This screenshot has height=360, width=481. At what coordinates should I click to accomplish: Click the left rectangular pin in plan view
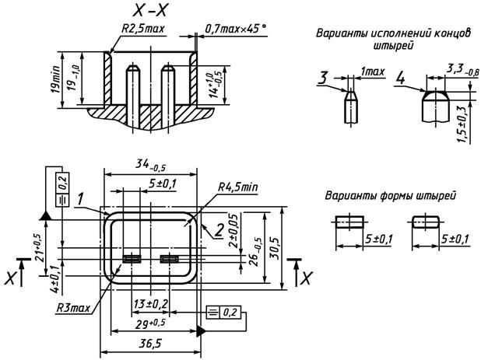[x=132, y=259]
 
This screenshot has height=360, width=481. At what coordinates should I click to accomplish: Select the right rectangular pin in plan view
[x=168, y=259]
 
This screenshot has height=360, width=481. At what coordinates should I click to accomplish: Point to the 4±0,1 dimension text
[x=54, y=278]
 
